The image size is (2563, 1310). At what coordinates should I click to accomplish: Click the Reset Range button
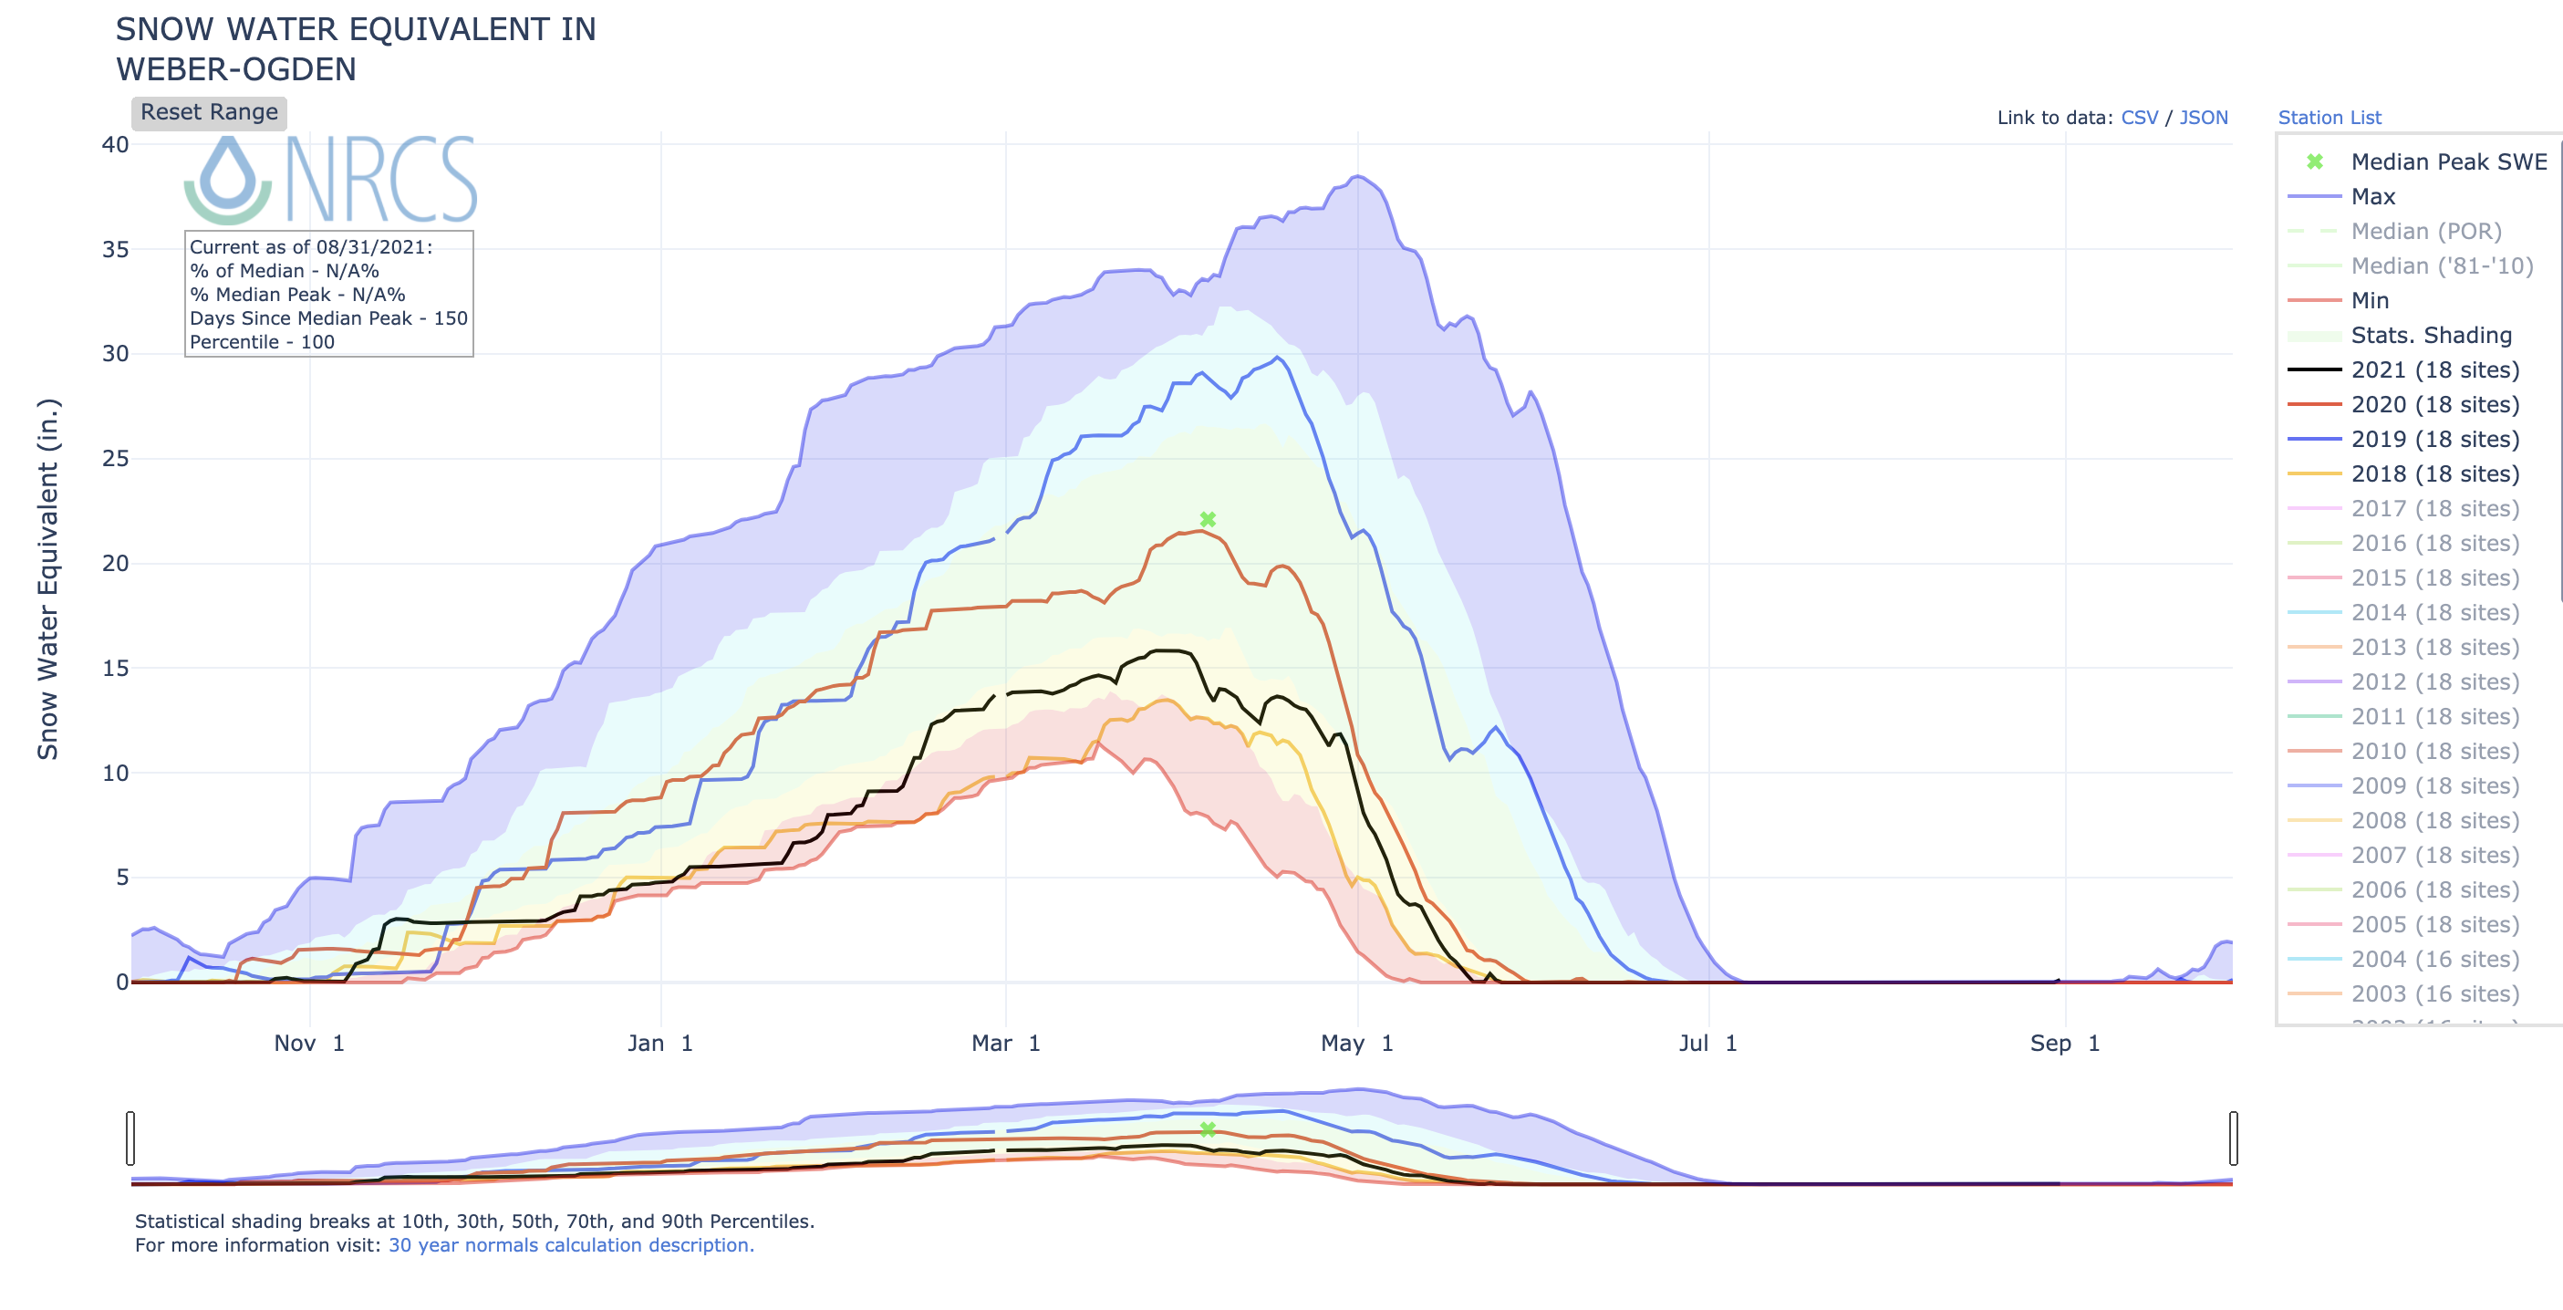click(209, 112)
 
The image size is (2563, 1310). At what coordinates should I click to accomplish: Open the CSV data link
click(2139, 118)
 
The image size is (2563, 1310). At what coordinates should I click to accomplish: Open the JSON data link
click(2203, 118)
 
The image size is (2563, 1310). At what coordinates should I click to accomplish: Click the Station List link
click(2330, 118)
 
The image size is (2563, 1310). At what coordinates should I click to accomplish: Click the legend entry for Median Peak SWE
click(2447, 162)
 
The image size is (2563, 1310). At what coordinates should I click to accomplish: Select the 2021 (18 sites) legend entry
click(2433, 370)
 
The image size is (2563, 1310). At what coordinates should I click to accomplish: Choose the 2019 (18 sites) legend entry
click(2433, 439)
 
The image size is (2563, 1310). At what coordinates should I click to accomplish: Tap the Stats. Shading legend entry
click(2431, 336)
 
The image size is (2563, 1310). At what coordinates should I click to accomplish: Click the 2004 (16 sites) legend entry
click(2433, 960)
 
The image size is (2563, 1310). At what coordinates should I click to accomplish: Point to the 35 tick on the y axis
click(116, 250)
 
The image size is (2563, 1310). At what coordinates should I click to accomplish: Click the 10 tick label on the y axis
click(116, 774)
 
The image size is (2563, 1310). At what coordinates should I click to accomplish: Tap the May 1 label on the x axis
click(1356, 1044)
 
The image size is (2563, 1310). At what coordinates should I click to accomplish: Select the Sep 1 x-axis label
click(2064, 1044)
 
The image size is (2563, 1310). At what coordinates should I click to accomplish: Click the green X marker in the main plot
click(1208, 520)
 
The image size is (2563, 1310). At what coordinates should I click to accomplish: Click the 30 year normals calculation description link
click(571, 1245)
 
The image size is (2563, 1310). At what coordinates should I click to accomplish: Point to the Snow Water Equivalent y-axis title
click(47, 579)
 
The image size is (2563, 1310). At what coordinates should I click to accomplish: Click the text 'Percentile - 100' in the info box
click(262, 342)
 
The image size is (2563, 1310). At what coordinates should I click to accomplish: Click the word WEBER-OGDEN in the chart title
click(236, 69)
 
